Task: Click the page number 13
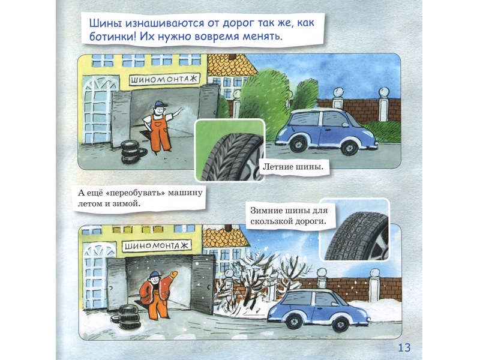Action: tap(404, 347)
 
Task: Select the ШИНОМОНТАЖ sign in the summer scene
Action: tap(164, 80)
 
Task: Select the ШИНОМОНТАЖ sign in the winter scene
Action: tap(157, 246)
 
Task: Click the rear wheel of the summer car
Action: tap(298, 144)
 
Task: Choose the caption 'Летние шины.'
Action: tap(293, 167)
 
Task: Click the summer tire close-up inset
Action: tap(230, 150)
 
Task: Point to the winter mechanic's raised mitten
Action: tap(173, 274)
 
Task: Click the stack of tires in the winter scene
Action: tap(128, 316)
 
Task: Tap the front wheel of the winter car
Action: tap(340, 325)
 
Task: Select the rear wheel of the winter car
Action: tap(294, 321)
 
